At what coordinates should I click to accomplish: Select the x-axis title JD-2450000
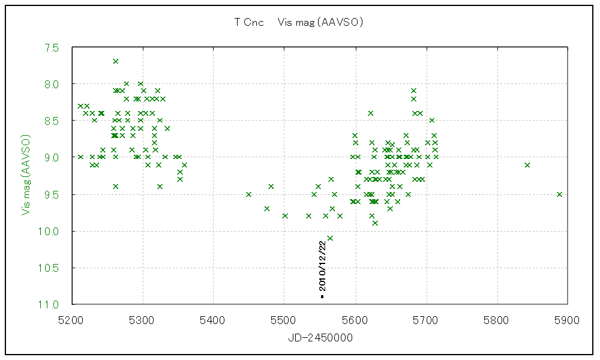coord(320,338)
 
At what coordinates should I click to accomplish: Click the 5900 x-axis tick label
coord(568,320)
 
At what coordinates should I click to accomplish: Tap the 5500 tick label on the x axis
coord(284,320)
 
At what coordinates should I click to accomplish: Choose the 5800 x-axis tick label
coord(497,320)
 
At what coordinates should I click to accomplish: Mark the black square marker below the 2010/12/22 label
coord(322,296)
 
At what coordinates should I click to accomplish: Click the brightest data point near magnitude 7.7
coord(115,61)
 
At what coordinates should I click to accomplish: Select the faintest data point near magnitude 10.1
coord(330,238)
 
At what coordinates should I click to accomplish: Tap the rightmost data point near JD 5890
coord(559,194)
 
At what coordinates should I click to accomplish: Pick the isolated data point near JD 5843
coord(527,165)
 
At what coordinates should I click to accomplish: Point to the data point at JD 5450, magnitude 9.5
coord(248,194)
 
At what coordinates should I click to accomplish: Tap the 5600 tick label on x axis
coord(355,320)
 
